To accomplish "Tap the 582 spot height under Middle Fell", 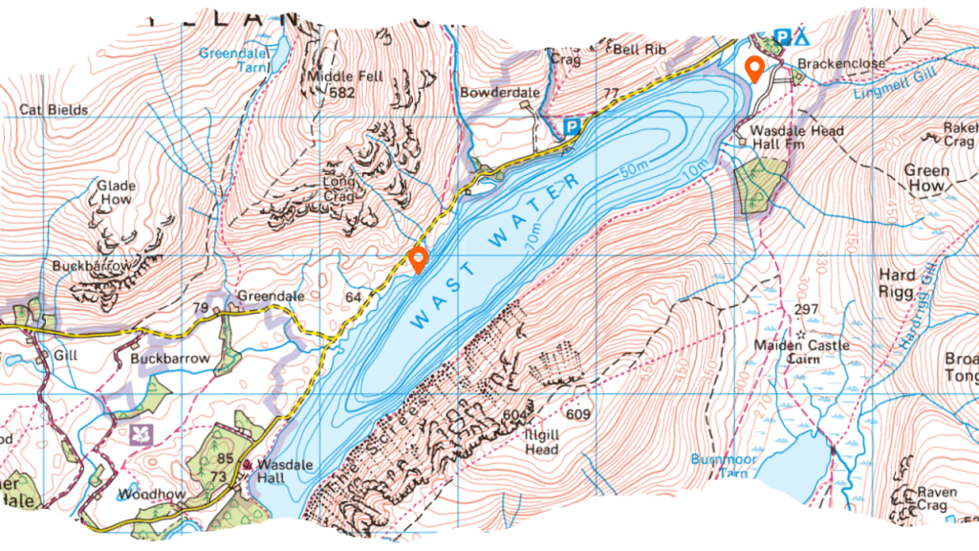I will click(x=342, y=94).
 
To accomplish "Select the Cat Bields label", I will click(x=54, y=110).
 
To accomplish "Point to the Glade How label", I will click(x=116, y=193).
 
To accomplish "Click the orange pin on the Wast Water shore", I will click(x=418, y=259).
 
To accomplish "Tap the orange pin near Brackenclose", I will click(x=754, y=69).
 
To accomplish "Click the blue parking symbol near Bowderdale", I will click(x=572, y=125).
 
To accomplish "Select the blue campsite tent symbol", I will click(x=801, y=37).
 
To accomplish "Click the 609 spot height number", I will click(x=577, y=415).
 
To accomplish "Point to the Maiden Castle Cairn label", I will click(x=788, y=352).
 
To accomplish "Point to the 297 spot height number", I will click(x=806, y=309).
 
